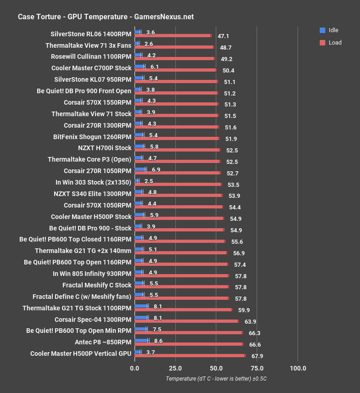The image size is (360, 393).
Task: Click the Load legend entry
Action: [331, 43]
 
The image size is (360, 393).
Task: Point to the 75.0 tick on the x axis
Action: [257, 368]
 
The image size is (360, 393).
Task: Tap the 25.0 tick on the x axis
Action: [175, 368]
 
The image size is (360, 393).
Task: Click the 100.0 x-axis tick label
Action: [298, 368]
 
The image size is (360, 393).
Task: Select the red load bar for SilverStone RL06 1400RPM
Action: [173, 35]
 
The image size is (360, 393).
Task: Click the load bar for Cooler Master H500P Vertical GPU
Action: [190, 356]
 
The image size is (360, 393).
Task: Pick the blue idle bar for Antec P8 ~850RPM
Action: [141, 340]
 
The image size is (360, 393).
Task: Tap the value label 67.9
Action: [256, 356]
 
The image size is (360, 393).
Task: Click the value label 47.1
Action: [223, 35]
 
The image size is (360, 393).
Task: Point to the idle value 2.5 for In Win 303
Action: [148, 182]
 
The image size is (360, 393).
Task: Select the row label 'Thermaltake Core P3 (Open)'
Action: [90, 159]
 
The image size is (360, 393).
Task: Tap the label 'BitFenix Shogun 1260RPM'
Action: [92, 136]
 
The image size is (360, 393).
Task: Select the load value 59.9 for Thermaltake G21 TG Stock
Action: [244, 310]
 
